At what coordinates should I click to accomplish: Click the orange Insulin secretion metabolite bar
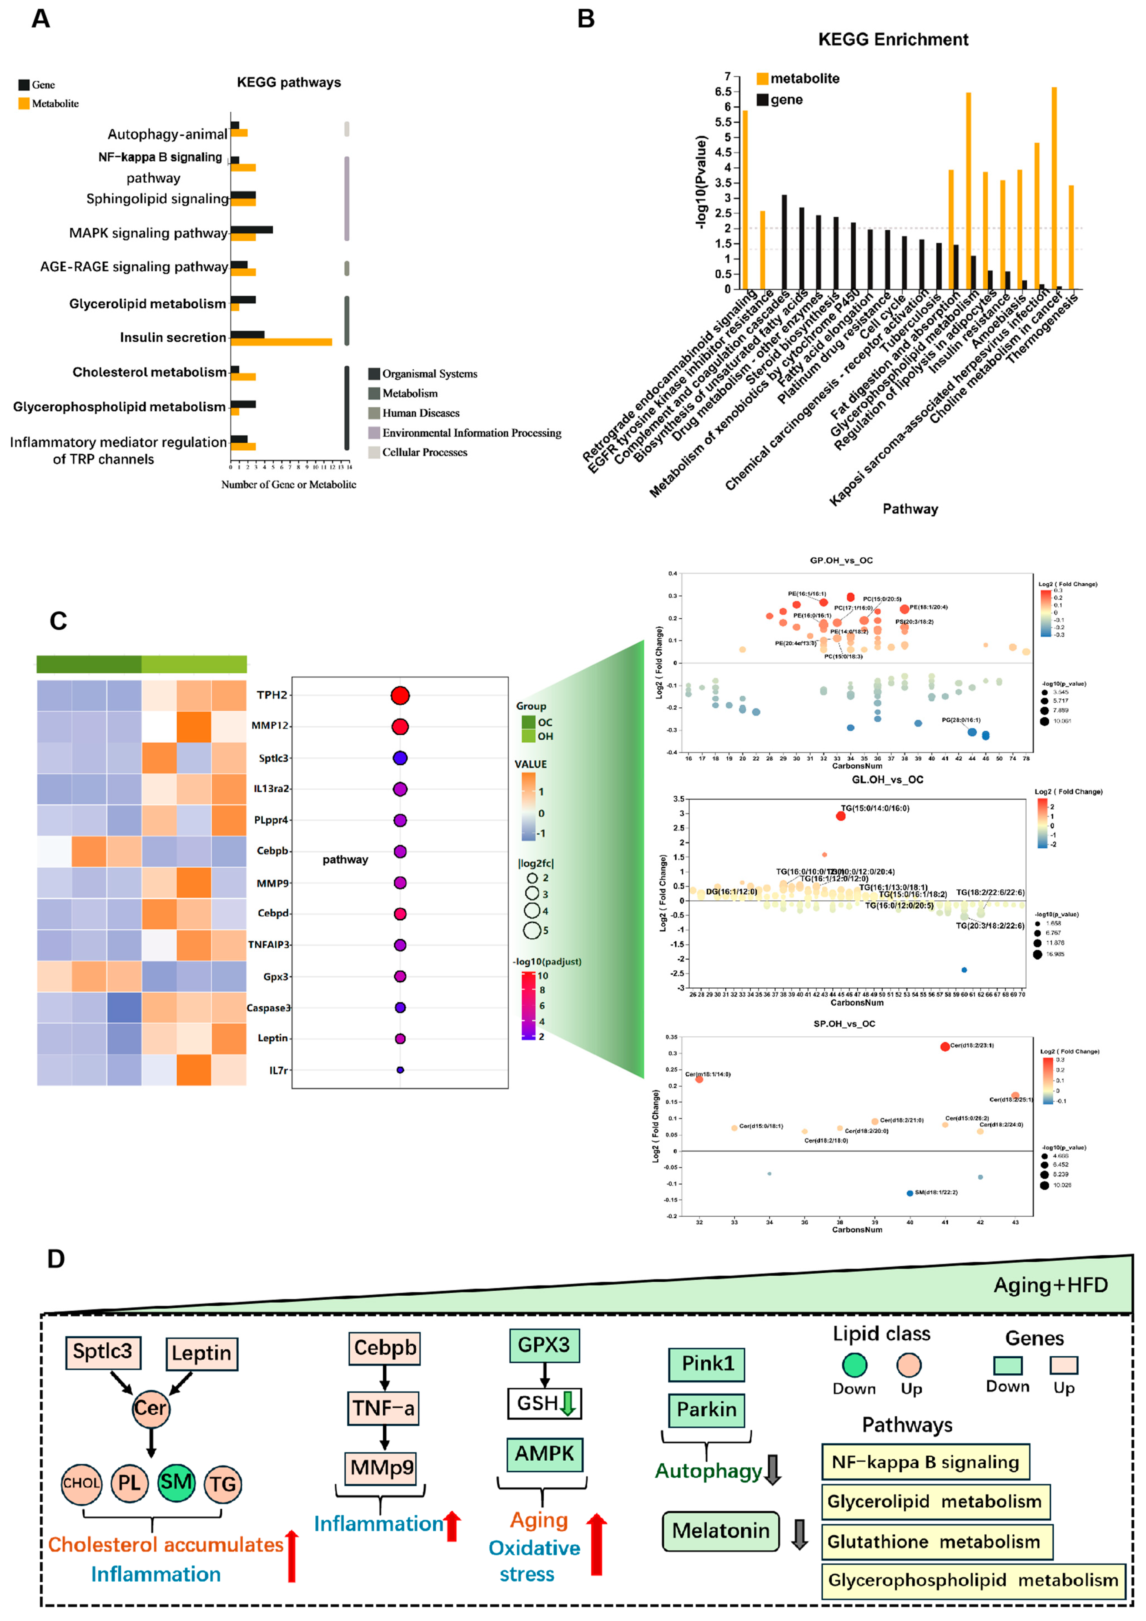[281, 342]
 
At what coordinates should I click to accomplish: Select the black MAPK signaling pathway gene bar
[251, 230]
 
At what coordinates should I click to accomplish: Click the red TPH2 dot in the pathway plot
[400, 695]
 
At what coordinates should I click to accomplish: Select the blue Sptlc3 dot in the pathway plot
[400, 758]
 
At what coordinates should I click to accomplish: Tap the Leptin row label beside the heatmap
[273, 1038]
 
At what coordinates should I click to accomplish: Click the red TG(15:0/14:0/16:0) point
[840, 815]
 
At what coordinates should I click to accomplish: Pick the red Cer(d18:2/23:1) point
[945, 1046]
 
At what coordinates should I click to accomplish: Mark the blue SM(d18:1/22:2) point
[909, 1193]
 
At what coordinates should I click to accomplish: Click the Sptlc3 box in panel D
[102, 1351]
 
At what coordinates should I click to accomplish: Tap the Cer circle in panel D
[150, 1408]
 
